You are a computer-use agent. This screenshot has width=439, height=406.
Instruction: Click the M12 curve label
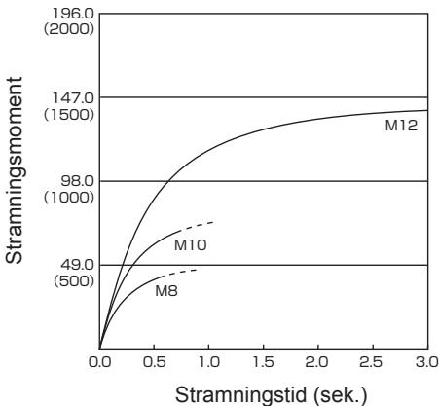(401, 126)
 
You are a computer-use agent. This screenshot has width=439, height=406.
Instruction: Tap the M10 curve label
(190, 245)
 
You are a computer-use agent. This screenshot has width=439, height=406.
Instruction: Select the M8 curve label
(166, 291)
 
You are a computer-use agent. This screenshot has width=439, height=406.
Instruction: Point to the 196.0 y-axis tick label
(73, 14)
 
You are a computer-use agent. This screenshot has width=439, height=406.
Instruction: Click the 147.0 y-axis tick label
(73, 98)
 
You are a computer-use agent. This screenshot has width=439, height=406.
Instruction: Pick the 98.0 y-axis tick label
(77, 181)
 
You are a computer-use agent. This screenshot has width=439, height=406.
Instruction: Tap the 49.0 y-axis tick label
(77, 265)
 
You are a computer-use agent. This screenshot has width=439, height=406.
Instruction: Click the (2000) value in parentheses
(69, 29)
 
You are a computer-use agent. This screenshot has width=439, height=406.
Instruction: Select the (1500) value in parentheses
(69, 114)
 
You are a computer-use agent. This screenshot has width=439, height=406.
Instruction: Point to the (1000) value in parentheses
(69, 198)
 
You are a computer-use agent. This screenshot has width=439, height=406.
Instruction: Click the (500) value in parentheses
(74, 281)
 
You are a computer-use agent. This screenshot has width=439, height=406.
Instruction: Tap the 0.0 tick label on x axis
(99, 362)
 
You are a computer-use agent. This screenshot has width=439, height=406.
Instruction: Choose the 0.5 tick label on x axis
(155, 362)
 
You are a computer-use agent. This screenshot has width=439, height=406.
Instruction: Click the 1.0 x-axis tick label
(209, 362)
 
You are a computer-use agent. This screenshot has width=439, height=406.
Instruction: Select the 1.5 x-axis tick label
(264, 362)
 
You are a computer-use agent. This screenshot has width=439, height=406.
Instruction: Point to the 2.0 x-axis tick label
(318, 362)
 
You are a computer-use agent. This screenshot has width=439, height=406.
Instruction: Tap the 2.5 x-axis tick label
(373, 362)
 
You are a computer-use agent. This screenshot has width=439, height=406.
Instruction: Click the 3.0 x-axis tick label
(427, 362)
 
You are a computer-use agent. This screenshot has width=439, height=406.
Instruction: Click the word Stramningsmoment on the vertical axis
(15, 170)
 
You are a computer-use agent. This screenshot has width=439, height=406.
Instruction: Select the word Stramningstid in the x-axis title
(241, 395)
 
